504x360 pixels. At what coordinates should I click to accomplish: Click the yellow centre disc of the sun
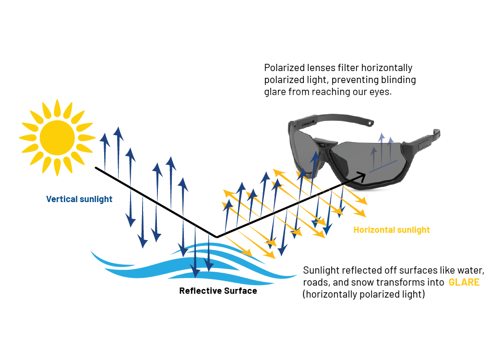[x=57, y=138]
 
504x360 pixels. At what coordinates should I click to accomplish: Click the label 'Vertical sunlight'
[x=79, y=199]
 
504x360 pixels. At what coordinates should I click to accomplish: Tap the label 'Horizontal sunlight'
[x=392, y=230]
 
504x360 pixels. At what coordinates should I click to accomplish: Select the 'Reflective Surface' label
[x=218, y=291]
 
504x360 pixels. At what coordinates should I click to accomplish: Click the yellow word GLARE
[x=464, y=282]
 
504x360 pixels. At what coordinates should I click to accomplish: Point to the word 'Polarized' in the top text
[x=284, y=68]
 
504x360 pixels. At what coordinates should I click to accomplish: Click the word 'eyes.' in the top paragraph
[x=382, y=92]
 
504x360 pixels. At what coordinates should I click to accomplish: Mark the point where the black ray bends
[x=216, y=237]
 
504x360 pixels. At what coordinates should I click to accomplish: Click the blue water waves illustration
[x=192, y=264]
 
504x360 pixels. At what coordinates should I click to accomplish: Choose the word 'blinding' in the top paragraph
[x=399, y=80]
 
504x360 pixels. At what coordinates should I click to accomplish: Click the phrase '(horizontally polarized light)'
[x=363, y=294]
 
